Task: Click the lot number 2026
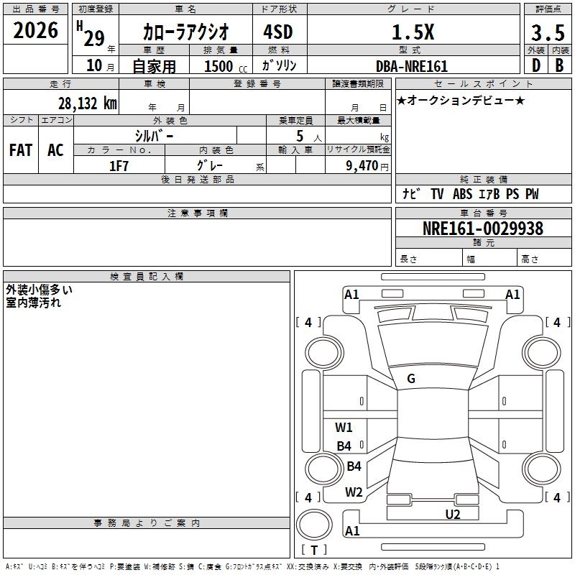pos(36,30)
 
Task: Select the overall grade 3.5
pos(546,33)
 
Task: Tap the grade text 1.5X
pos(412,32)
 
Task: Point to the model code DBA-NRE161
pos(412,66)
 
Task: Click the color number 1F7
pos(119,165)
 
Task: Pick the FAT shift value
pos(20,150)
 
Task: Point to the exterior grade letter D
pos(535,65)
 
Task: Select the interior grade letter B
pos(559,65)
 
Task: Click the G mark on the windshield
pos(411,379)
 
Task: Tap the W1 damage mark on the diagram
pos(344,428)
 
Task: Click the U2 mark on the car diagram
pos(453,514)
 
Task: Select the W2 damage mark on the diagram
pos(353,492)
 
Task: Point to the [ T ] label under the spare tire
pos(314,550)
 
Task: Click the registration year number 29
pos(94,38)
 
